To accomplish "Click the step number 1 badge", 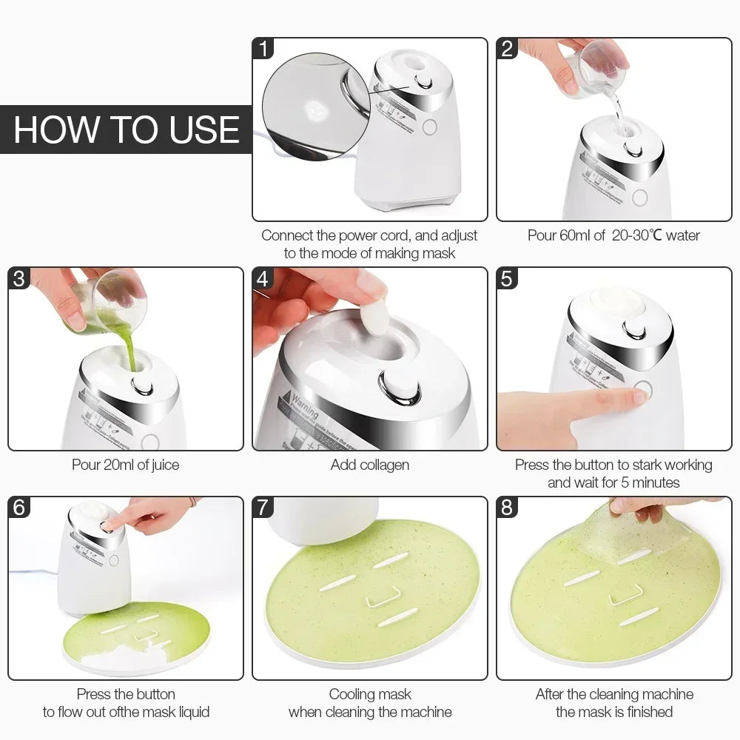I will pos(263,49).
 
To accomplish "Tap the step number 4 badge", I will pos(263,279).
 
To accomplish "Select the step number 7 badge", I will pos(263,508).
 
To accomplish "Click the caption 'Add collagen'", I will pos(369,465).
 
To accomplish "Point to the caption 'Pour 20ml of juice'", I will pos(125,465).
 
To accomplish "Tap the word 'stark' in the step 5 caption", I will pos(631,465).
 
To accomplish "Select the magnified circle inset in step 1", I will pos(314,107).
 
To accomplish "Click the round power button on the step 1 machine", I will pos(430,127).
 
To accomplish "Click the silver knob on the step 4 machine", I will pos(400,387).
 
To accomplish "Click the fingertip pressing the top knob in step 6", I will pos(111,525).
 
